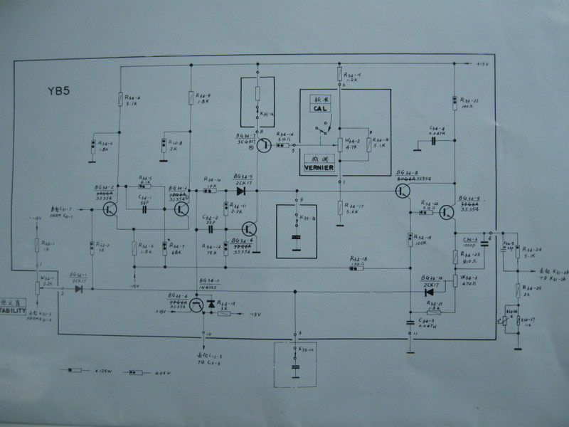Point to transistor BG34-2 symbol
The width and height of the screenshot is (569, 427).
point(109,209)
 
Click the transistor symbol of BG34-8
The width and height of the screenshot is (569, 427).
point(403,191)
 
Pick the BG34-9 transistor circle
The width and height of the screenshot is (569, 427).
point(446,212)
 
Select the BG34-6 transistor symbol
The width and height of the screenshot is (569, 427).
point(248,229)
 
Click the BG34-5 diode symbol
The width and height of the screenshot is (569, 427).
point(240,191)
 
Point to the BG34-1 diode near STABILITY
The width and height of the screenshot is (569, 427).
point(79,289)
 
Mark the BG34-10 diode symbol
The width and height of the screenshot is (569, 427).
point(428,290)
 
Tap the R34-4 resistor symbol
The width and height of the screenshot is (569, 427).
point(119,100)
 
